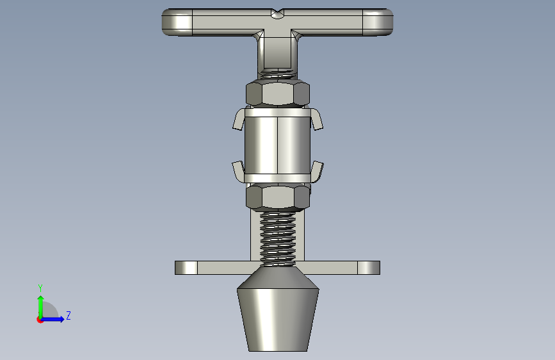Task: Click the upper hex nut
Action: pos(278,94)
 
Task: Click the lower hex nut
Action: pos(278,197)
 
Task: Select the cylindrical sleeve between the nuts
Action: pos(278,145)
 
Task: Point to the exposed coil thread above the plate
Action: pos(278,238)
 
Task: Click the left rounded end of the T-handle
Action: pos(177,22)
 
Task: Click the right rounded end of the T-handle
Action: pos(378,22)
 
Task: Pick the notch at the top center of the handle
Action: pos(278,14)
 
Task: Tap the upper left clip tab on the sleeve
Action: pos(239,119)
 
